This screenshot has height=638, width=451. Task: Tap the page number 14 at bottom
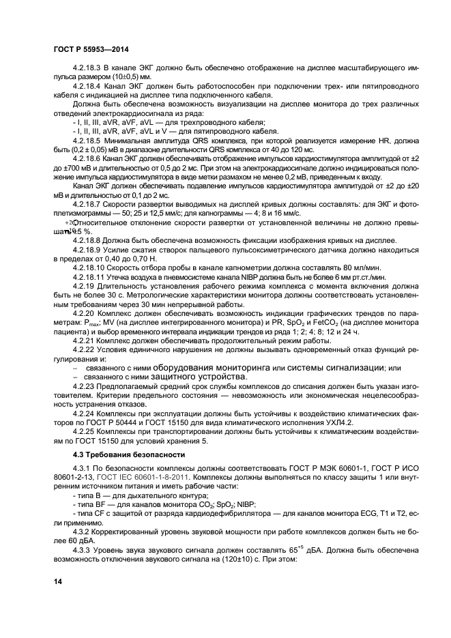tap(57, 580)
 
